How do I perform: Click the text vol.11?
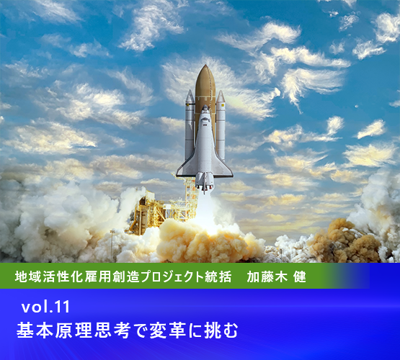45,307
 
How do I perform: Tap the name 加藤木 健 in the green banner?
276,276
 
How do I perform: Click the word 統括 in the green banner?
218,276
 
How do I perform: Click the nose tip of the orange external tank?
205,66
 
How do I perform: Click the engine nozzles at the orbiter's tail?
205,185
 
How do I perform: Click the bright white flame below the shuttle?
207,214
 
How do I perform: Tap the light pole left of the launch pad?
112,246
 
